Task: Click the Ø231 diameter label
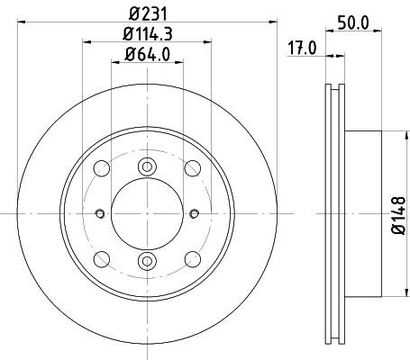(146, 13)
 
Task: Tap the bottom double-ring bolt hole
(146, 261)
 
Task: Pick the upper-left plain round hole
(103, 168)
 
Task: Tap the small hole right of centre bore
(195, 213)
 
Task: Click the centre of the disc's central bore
(146, 213)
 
